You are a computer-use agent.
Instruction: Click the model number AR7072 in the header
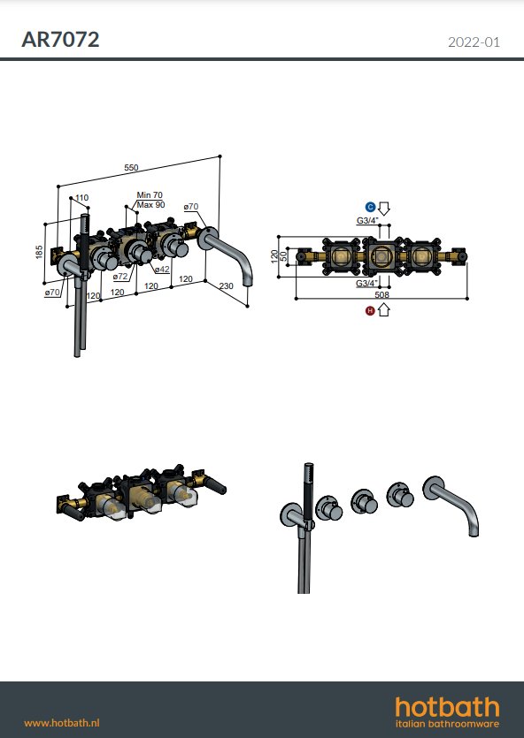click(60, 40)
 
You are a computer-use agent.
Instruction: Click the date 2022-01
click(474, 42)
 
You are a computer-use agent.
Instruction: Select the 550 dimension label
click(132, 168)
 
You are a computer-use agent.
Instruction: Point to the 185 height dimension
click(39, 251)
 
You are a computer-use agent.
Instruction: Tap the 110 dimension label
click(81, 198)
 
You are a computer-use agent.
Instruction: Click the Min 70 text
click(150, 194)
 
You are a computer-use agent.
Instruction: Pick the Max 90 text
click(150, 205)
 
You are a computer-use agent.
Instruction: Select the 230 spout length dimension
click(227, 285)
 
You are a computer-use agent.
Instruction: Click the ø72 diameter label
click(120, 277)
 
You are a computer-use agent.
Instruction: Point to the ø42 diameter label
click(162, 270)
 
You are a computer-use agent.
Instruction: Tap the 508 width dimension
click(381, 294)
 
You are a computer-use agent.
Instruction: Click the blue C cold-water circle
click(370, 207)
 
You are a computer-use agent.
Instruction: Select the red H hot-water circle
click(370, 310)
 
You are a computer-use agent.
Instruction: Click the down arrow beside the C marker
click(384, 209)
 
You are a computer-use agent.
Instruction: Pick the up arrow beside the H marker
click(384, 309)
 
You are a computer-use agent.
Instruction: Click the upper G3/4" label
click(367, 220)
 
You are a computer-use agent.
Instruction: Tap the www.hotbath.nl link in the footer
click(62, 723)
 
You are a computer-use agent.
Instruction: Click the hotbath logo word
click(447, 707)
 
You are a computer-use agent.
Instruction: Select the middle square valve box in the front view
click(382, 256)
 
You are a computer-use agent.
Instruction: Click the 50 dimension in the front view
click(284, 256)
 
